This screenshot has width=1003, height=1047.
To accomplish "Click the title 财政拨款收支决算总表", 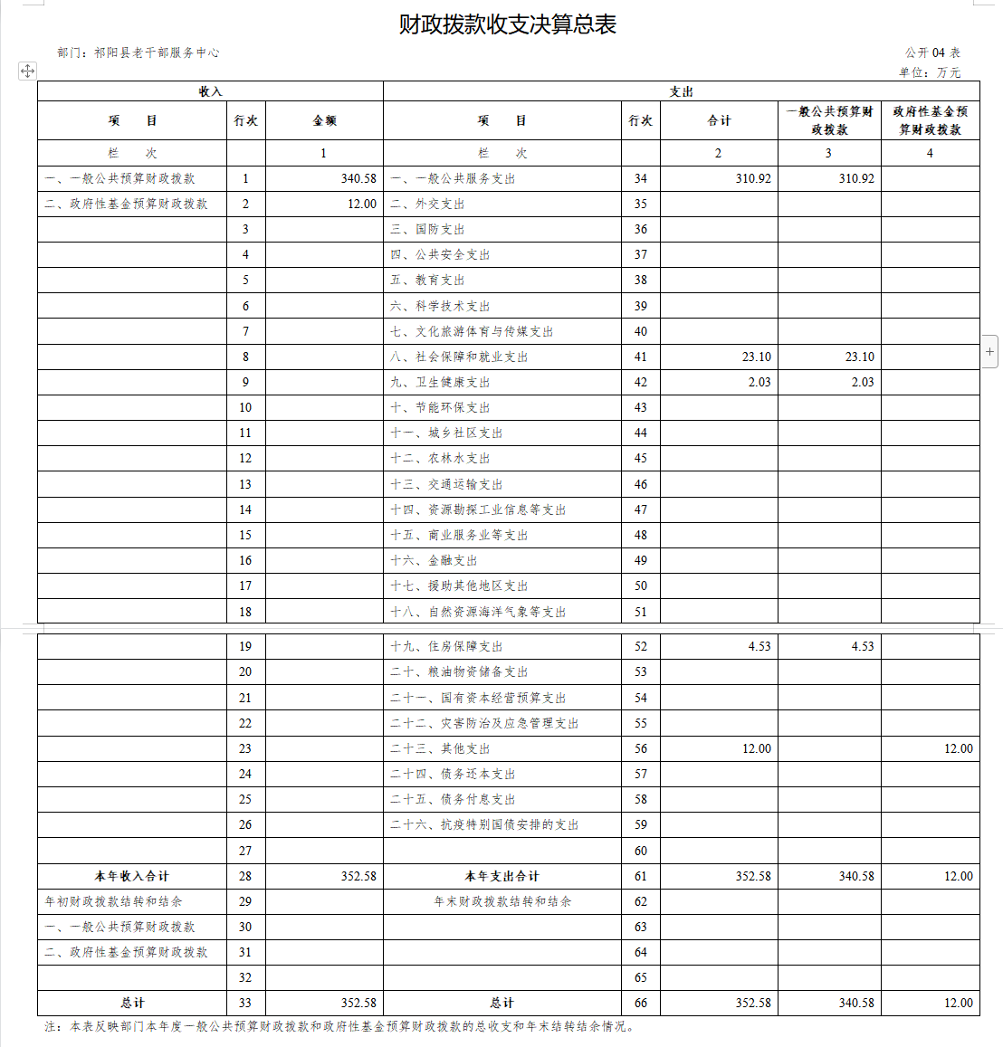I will (507, 24).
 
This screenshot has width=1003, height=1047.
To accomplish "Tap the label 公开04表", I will (932, 53).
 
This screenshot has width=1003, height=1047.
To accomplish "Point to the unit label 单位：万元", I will (930, 72).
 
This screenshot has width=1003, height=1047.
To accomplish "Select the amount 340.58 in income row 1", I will (358, 179).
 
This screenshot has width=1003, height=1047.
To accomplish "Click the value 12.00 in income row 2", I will (362, 205).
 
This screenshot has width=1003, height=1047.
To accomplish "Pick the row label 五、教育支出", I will (427, 281).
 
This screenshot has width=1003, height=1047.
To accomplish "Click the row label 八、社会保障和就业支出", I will (459, 357).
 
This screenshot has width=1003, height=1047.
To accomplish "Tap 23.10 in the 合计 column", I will (756, 357).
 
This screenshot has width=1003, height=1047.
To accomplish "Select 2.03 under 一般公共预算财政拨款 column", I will (862, 383).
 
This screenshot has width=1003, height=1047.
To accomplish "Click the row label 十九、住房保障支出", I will (446, 647).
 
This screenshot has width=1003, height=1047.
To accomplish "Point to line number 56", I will (641, 749).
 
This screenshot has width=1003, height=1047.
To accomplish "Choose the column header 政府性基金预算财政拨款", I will (930, 120).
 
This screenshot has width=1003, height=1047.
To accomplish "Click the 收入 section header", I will (210, 91).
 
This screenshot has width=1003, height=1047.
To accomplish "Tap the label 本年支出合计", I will (501, 877).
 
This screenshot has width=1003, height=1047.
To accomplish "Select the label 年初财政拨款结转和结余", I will (113, 902).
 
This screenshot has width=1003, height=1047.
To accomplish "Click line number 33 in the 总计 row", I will (245, 1004).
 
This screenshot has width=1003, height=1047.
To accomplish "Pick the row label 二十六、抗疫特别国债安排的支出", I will (484, 825).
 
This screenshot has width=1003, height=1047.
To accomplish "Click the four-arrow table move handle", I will (27, 71).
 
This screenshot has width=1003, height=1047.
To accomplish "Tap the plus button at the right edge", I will (990, 351).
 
